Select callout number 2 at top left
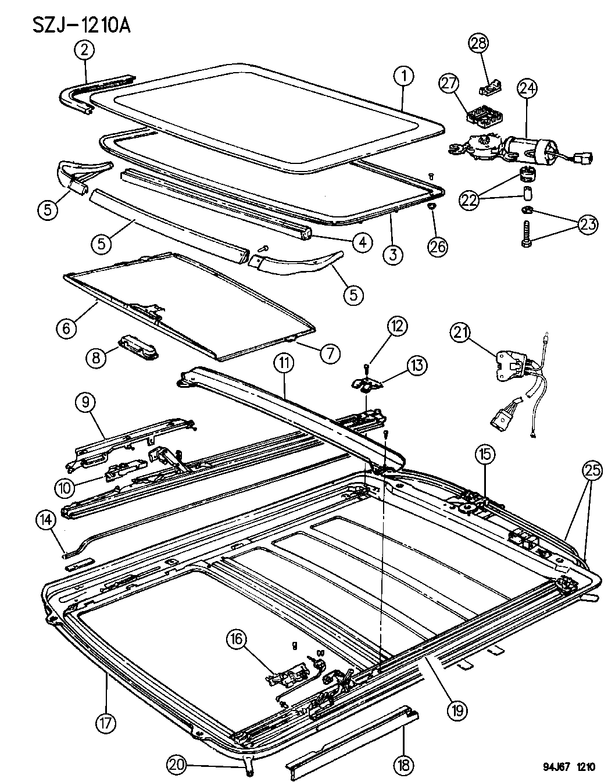pyautogui.click(x=84, y=51)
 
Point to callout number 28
pyautogui.click(x=480, y=43)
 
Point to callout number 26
pyautogui.click(x=437, y=247)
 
